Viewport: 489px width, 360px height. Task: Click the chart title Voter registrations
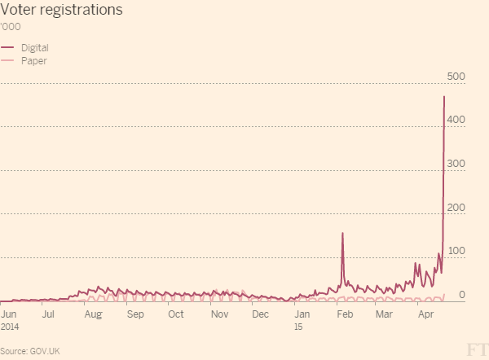tap(62, 11)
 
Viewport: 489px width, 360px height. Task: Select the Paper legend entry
tap(33, 60)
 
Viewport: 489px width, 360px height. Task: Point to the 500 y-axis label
tap(456, 77)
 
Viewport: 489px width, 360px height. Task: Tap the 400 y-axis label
tap(456, 120)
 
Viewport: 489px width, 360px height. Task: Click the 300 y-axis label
tap(456, 164)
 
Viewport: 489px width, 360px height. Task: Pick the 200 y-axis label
tap(456, 208)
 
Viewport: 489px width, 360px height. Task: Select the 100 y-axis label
tap(456, 251)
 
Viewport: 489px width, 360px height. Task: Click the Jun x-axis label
tap(10, 314)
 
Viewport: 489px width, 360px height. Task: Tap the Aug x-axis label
tap(93, 314)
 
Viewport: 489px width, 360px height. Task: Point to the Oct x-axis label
tap(175, 314)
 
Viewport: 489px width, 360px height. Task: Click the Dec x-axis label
tap(260, 314)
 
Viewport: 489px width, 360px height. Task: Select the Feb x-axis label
tap(345, 314)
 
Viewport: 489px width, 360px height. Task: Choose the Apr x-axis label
tap(425, 314)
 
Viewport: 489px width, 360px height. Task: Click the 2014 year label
tap(11, 326)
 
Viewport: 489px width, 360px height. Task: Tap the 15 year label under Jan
tap(298, 326)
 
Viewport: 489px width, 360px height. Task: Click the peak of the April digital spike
tap(444, 97)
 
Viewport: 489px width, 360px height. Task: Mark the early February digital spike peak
tap(342, 234)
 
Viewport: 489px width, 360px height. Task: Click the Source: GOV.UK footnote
tap(31, 351)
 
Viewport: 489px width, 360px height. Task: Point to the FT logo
tap(475, 349)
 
